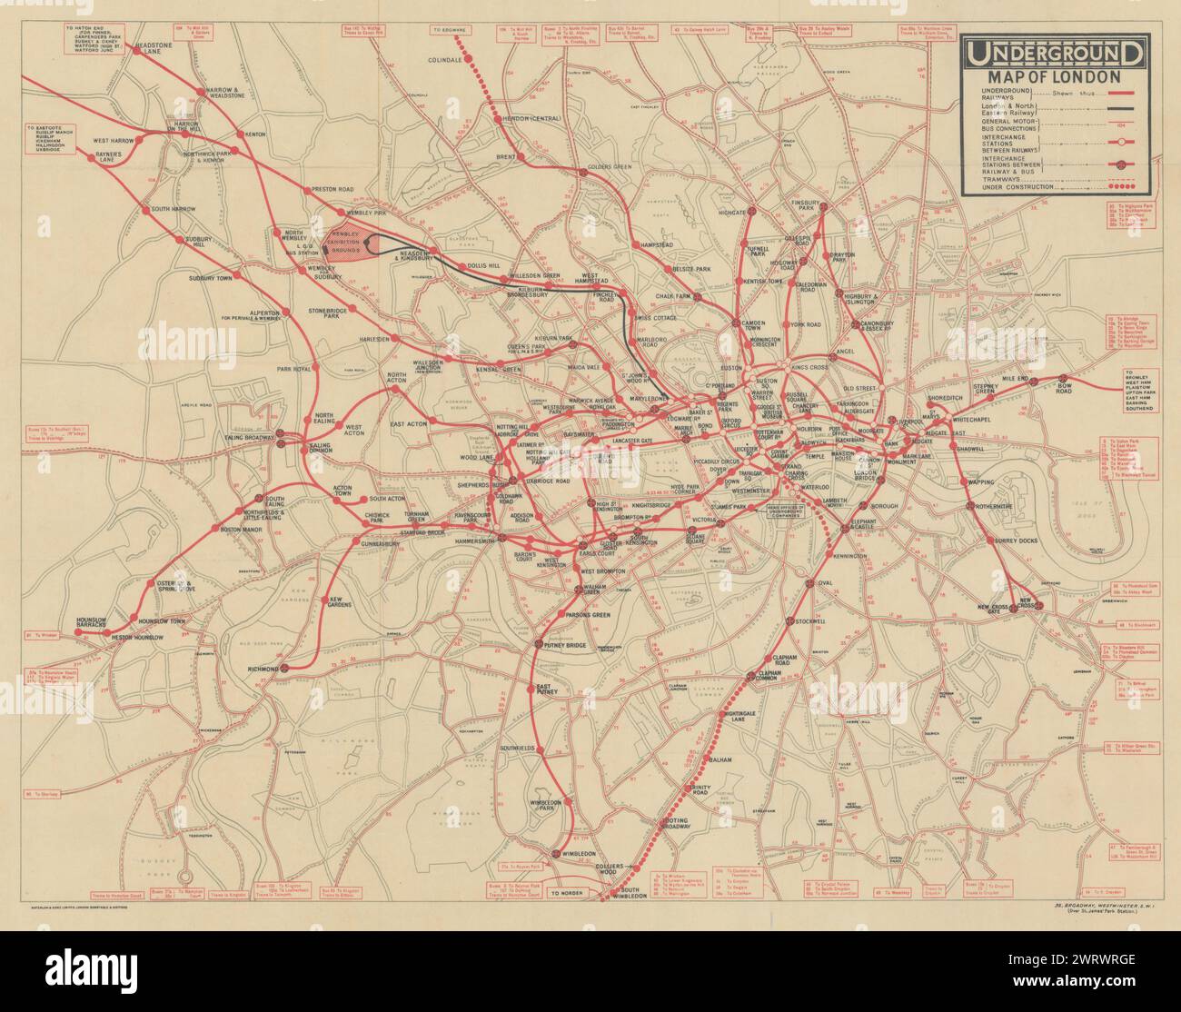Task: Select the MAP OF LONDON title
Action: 1053,76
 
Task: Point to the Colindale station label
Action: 452,61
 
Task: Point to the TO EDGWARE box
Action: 453,31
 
